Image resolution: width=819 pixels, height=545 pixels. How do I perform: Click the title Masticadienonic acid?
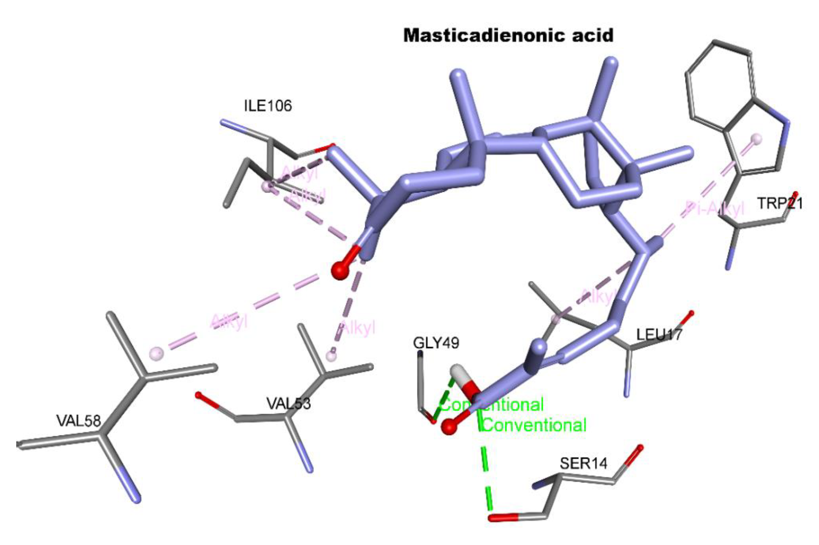tap(508, 36)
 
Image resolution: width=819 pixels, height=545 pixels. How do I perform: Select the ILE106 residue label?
tap(268, 106)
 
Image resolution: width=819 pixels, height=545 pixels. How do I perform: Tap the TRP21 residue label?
tap(780, 203)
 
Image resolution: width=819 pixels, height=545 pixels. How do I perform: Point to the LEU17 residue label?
tap(659, 335)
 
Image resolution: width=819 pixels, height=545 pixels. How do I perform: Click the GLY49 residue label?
tap(436, 343)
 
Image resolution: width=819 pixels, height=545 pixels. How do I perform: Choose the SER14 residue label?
tap(584, 463)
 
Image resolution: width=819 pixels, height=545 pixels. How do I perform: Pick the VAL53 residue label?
tap(289, 404)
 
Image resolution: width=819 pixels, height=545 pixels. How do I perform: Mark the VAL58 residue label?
tap(79, 421)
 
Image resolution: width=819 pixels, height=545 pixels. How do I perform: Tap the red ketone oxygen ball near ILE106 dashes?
tap(340, 270)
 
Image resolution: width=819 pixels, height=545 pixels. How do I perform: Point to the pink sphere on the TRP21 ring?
tap(756, 139)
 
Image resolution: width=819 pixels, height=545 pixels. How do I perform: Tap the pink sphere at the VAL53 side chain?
tap(331, 356)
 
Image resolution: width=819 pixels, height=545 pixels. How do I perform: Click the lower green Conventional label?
tap(535, 425)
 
